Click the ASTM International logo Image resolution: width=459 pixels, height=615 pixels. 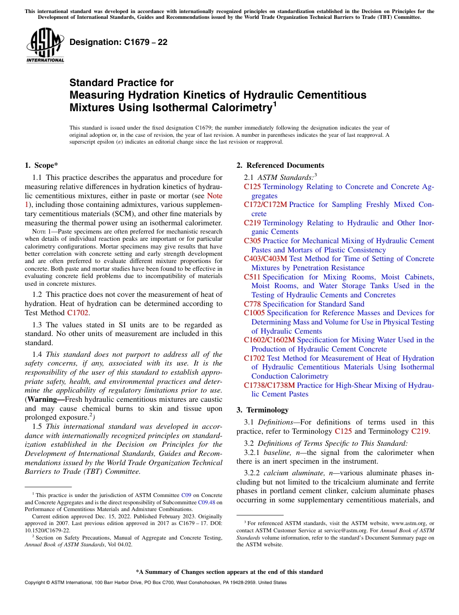(45, 45)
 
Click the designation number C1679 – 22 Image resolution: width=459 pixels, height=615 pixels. (118, 42)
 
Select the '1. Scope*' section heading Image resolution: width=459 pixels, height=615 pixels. (42, 165)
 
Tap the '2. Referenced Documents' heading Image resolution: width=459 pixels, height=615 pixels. (280, 165)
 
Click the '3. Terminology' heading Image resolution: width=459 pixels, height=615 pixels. (262, 410)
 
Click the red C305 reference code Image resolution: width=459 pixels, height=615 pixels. (252, 241)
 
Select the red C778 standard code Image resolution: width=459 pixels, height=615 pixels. (252, 304)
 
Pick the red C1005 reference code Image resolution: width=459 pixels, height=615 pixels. (254, 313)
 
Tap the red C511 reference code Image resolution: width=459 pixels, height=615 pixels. (252, 277)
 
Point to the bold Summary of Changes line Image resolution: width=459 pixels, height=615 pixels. (229, 572)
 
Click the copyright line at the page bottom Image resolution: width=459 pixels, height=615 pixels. (155, 583)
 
